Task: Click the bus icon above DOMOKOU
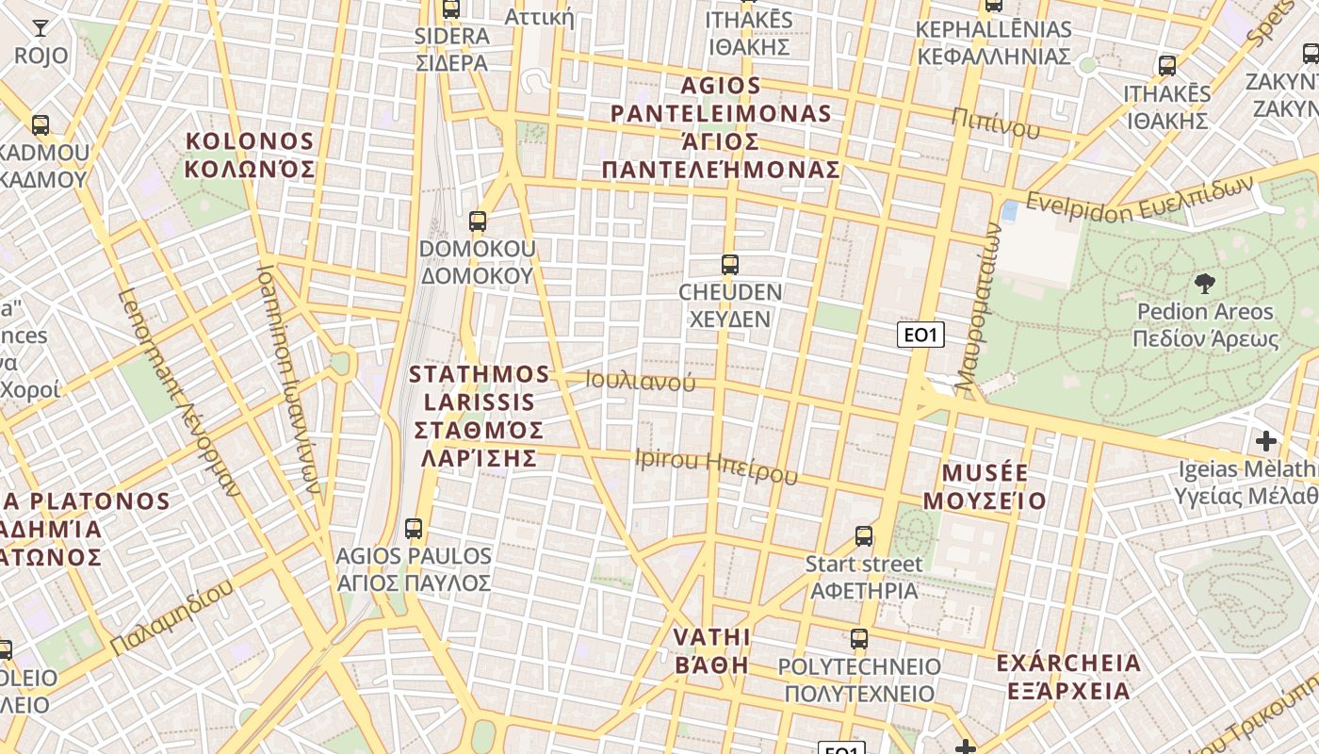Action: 478,222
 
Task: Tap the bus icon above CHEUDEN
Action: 729,265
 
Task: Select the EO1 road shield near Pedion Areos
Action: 920,335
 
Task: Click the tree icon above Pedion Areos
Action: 1204,284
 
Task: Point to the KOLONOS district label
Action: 250,156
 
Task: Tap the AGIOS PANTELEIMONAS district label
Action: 721,128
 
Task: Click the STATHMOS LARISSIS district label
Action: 480,416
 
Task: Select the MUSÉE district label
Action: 985,486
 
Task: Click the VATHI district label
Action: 711,650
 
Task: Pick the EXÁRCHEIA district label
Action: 1068,677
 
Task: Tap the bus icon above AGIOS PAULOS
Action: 414,529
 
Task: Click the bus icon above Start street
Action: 864,537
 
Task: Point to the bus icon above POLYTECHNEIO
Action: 858,639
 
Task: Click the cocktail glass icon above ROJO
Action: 41,27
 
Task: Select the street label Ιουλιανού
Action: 641,381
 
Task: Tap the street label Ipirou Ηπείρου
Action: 716,466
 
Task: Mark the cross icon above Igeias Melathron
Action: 1266,440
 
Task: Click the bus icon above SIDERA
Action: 451,9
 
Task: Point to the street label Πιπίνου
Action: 995,122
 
